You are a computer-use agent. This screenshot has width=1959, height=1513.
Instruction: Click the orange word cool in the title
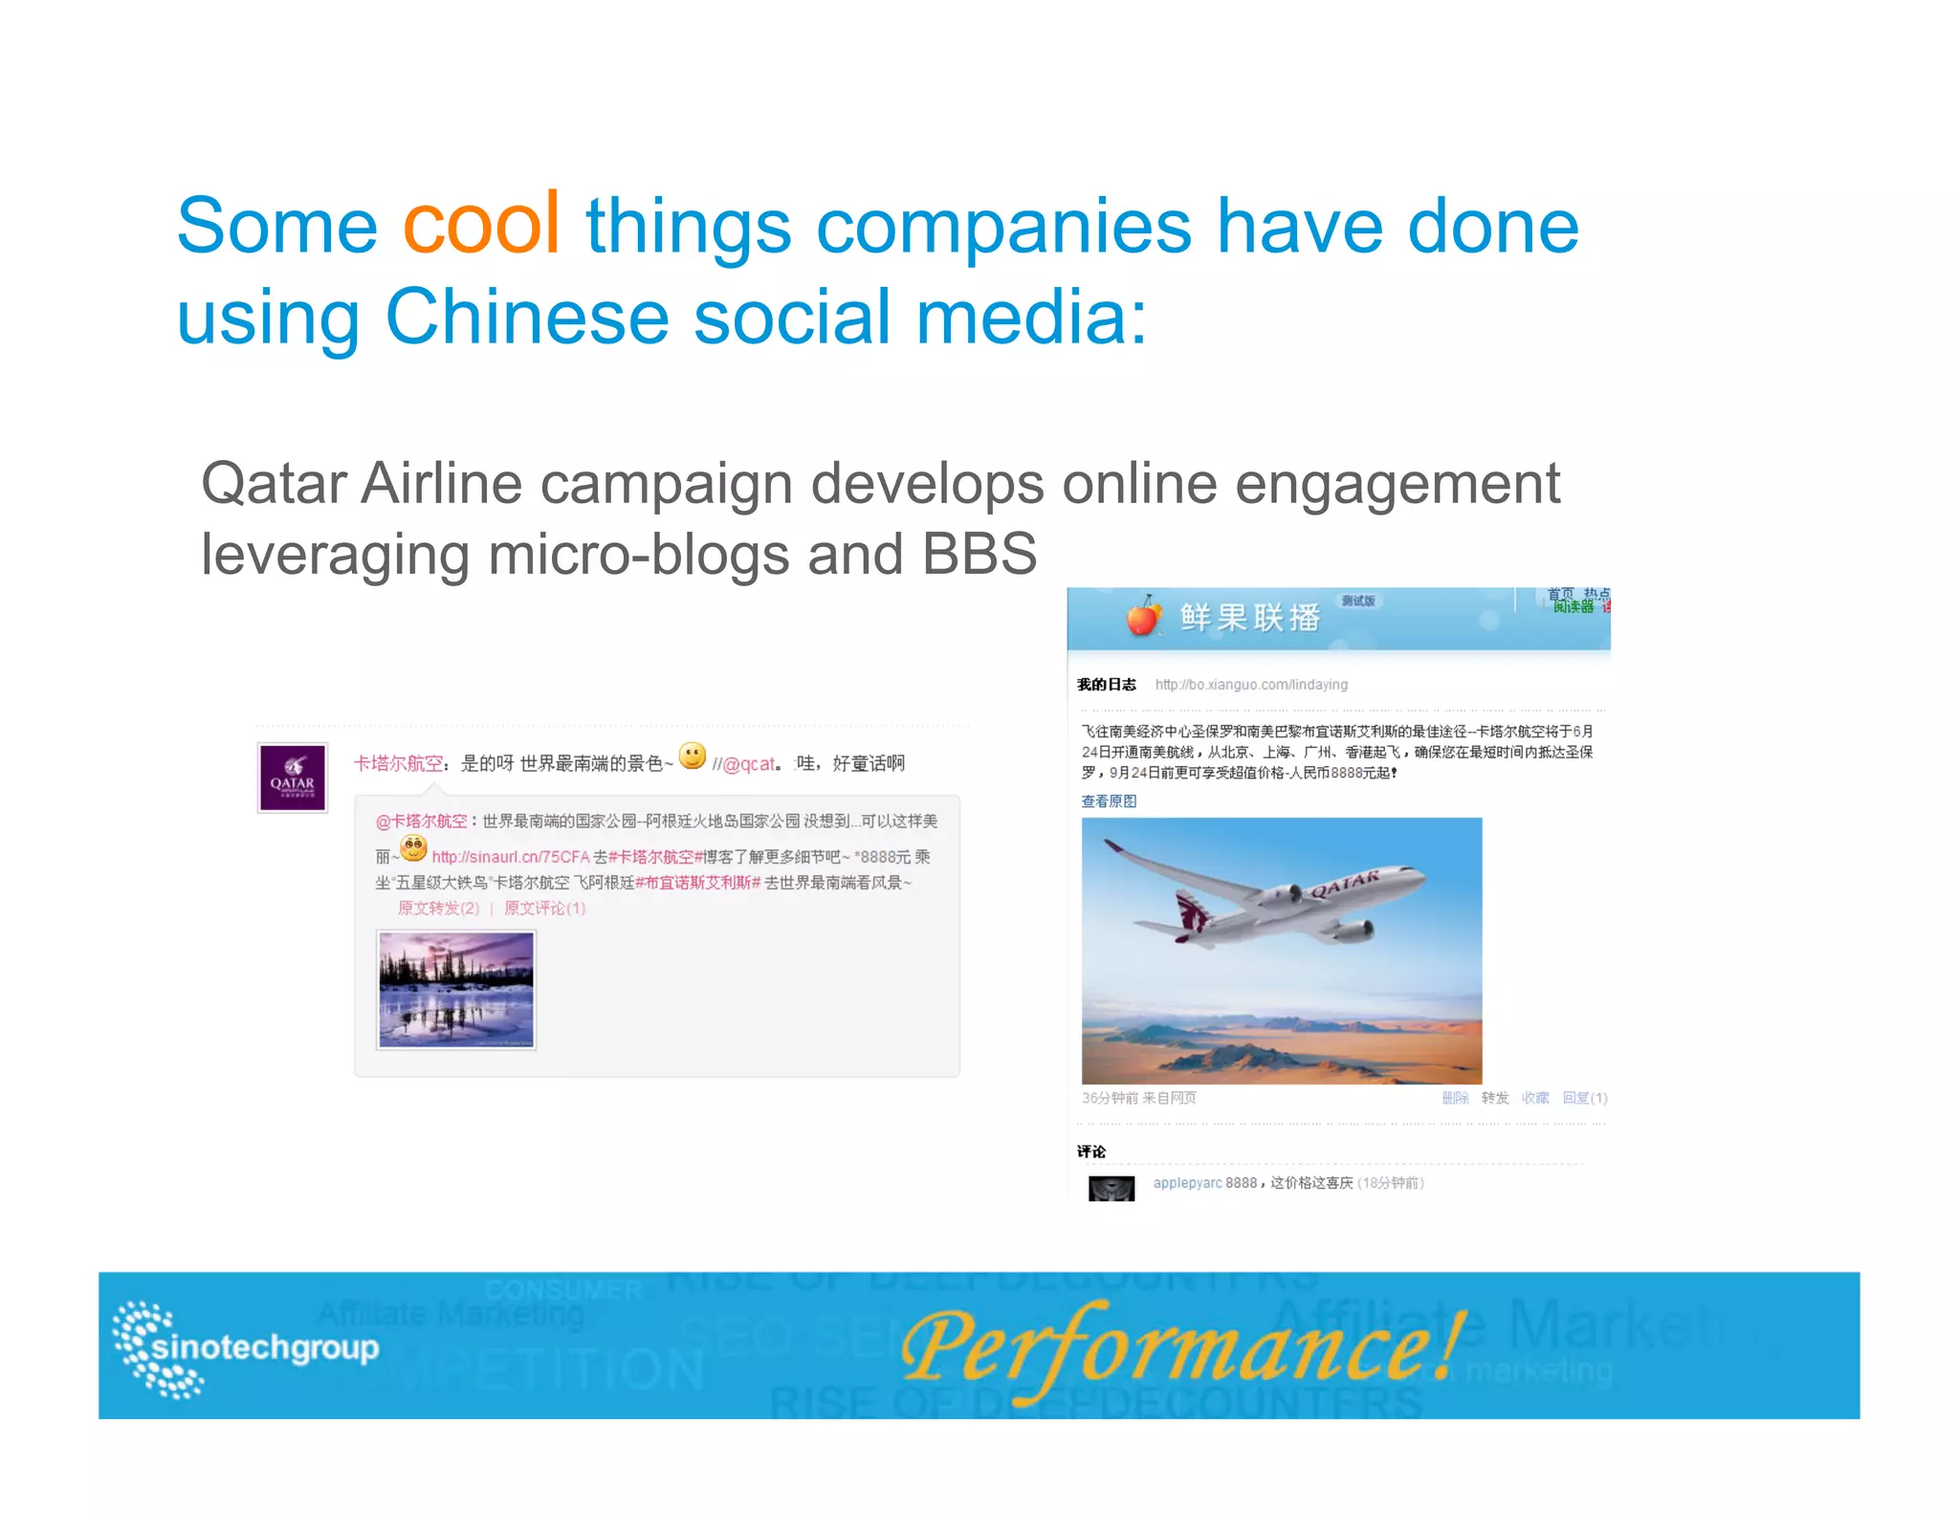(x=481, y=226)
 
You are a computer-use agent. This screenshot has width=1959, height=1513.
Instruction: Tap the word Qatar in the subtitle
(x=273, y=484)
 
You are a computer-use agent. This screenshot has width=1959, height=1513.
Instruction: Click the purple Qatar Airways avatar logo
(x=293, y=778)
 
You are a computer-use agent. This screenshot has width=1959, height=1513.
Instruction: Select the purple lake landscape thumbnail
(x=456, y=990)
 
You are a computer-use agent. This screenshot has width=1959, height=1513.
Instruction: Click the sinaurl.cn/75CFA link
(x=511, y=857)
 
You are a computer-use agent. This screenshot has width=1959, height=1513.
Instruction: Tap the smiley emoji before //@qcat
(x=693, y=756)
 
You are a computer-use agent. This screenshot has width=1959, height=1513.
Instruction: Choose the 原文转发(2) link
(x=438, y=909)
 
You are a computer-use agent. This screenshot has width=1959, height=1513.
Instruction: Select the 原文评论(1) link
(x=544, y=909)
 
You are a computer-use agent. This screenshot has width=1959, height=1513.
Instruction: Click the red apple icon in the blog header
(x=1143, y=617)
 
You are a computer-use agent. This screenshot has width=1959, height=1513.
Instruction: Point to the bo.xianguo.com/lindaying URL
(x=1251, y=685)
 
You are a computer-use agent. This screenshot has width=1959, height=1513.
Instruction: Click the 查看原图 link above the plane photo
(x=1109, y=801)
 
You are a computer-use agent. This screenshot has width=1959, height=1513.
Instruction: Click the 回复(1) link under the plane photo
(x=1584, y=1098)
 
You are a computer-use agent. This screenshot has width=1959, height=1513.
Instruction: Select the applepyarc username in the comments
(x=1187, y=1183)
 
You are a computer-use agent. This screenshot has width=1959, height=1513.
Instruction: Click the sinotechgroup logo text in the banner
(x=265, y=1348)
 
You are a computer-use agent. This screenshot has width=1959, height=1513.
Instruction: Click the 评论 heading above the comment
(x=1090, y=1151)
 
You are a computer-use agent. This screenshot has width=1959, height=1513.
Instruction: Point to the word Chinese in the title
(x=527, y=318)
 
